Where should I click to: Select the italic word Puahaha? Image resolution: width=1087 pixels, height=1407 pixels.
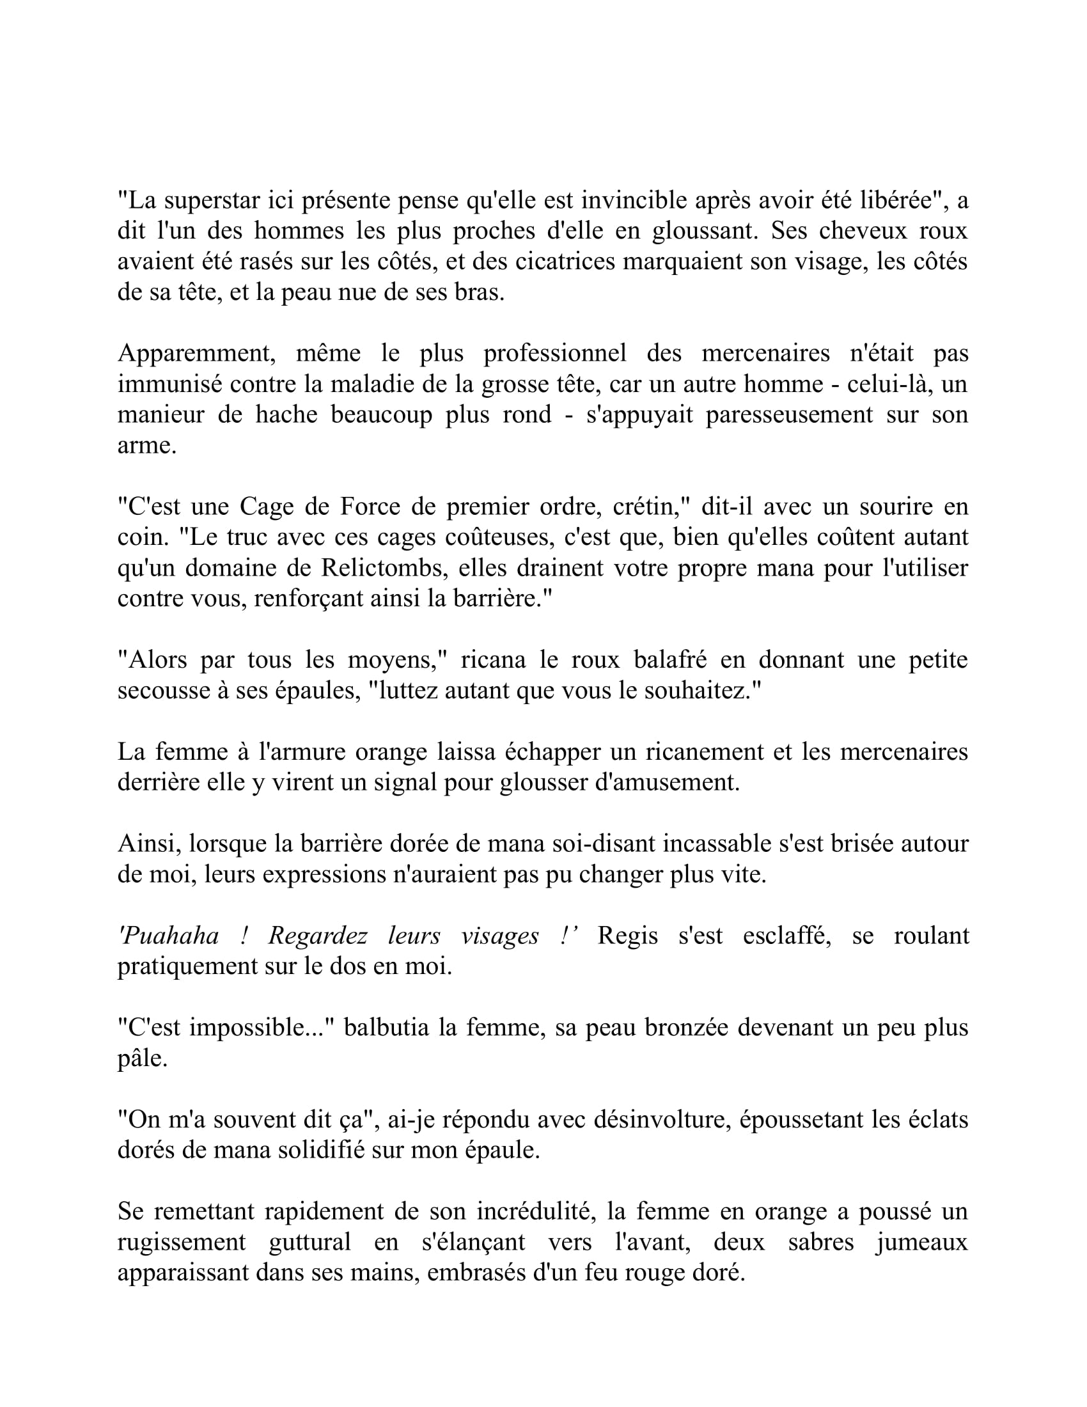[x=169, y=936]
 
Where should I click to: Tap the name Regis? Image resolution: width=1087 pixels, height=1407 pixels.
[x=627, y=936]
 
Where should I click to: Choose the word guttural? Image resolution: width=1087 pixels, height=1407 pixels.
[x=309, y=1242]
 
